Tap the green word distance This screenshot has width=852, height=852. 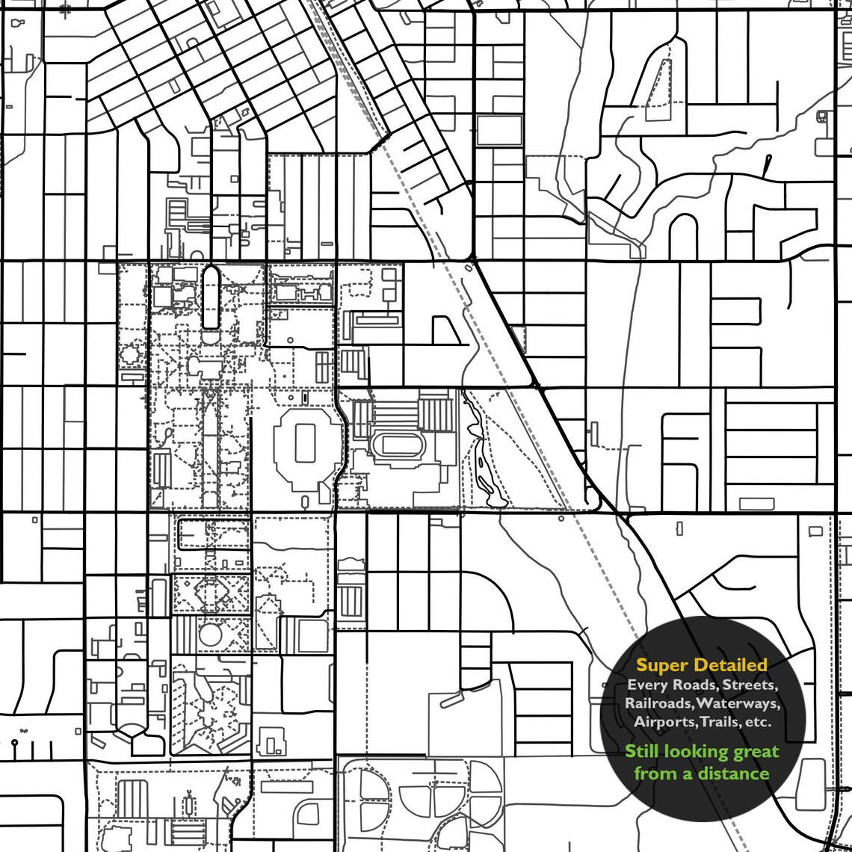tap(733, 773)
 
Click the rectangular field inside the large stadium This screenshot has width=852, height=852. tap(305, 442)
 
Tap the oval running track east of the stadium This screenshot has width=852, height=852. tap(398, 445)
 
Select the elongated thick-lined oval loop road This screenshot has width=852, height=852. tap(211, 297)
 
